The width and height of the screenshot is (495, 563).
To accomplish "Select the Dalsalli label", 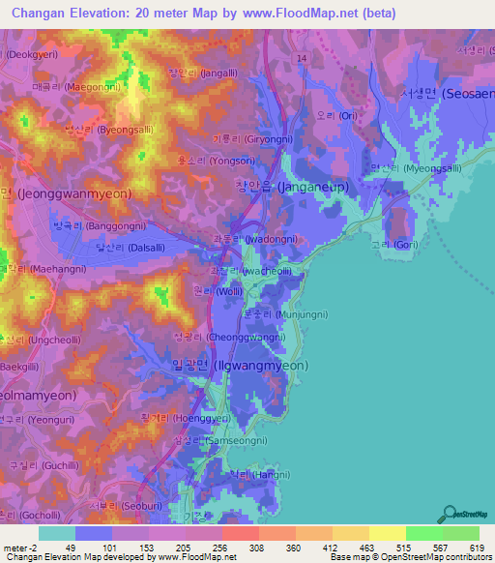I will point(106,248).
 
